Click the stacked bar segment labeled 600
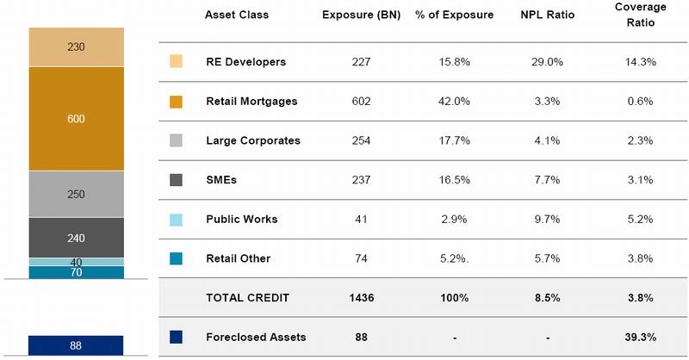coord(76,120)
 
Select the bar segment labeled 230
coord(76,47)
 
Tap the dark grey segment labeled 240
coord(76,238)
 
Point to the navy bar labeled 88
coord(76,345)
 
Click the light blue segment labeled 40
coord(76,262)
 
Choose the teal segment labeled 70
coord(76,272)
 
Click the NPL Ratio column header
coord(547,15)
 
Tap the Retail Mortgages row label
coord(251,102)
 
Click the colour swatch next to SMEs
coord(177,180)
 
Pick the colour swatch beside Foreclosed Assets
coord(177,337)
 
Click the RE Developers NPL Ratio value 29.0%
coord(547,62)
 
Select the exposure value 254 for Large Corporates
coord(361,140)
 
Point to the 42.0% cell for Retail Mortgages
coord(454,102)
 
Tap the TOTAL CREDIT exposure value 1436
coord(361,298)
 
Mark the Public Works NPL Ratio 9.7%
coord(547,219)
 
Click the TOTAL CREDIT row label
coord(247,298)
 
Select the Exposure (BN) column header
coord(361,15)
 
